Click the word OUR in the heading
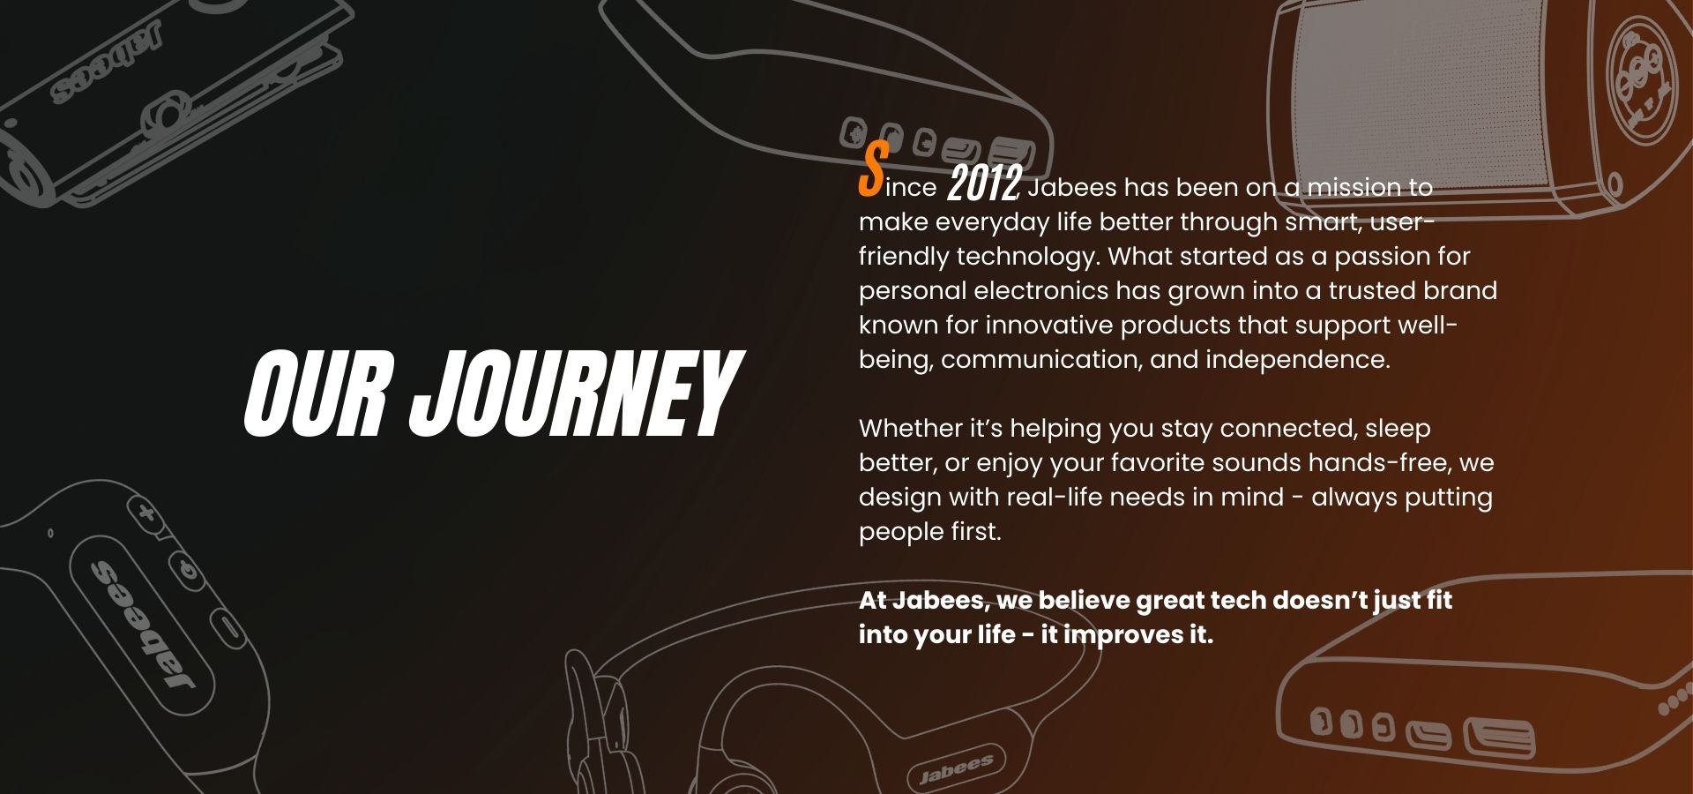click(x=315, y=393)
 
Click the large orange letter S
click(x=873, y=169)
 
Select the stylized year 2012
click(x=984, y=183)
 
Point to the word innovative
click(x=1049, y=325)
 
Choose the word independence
click(x=1297, y=360)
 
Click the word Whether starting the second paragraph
click(x=911, y=428)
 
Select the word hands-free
click(x=1379, y=462)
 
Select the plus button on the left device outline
click(x=146, y=511)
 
